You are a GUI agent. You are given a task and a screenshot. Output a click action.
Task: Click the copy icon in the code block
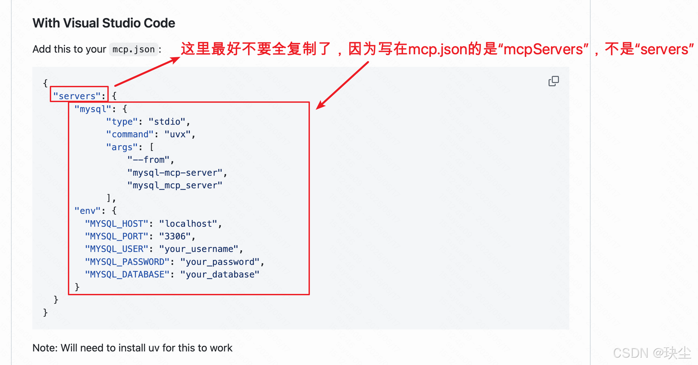[554, 81]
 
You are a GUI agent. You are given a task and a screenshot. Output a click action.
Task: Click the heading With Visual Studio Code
[104, 23]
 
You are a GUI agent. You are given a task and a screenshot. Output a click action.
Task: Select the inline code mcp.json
[134, 50]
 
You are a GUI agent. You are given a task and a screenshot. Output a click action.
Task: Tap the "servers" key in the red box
[77, 96]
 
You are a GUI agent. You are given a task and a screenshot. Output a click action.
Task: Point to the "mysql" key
[92, 109]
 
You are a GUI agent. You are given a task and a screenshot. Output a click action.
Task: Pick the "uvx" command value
[178, 135]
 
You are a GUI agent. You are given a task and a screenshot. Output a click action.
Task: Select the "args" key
[122, 147]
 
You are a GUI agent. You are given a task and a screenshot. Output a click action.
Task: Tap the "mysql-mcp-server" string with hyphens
[175, 173]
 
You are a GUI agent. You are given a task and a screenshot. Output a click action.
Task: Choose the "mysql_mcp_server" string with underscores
[175, 185]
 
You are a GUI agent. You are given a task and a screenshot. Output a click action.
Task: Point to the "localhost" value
[188, 224]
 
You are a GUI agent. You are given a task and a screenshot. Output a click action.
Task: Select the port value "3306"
[175, 236]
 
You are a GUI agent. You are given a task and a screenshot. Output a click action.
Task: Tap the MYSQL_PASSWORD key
[127, 262]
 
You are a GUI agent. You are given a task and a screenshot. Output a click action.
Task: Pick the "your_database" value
[220, 275]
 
